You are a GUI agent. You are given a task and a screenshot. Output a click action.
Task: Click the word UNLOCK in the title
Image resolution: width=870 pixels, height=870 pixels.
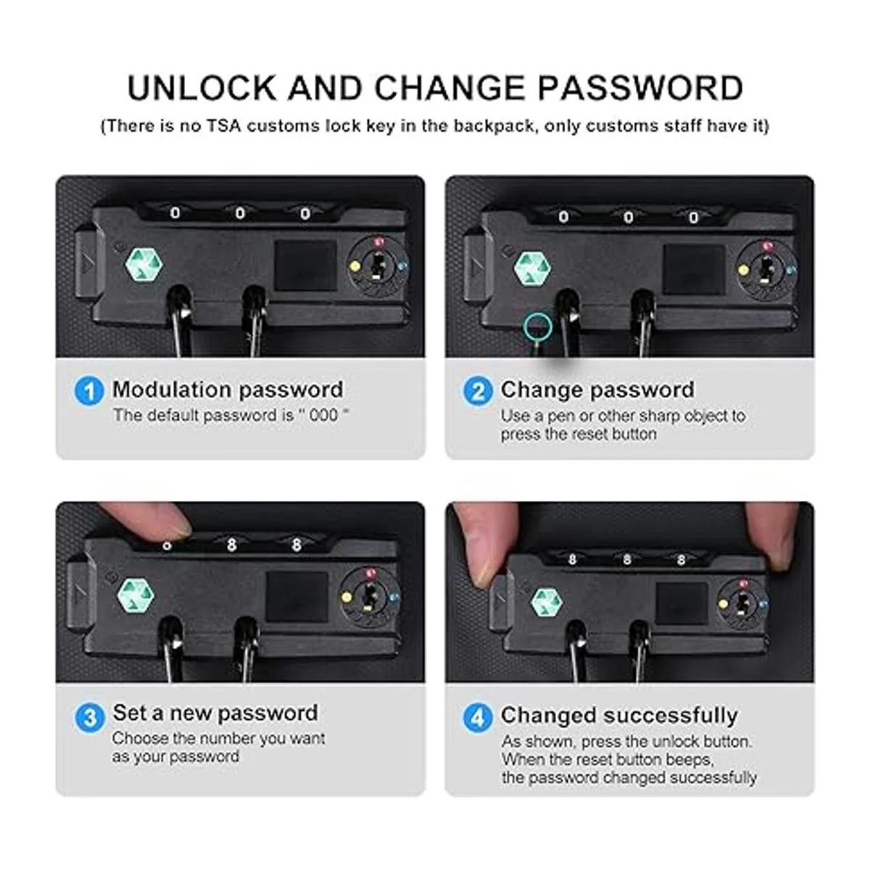pyautogui.click(x=202, y=88)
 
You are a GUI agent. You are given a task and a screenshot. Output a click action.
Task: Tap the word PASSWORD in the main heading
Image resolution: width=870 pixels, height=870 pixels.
pyautogui.click(x=641, y=88)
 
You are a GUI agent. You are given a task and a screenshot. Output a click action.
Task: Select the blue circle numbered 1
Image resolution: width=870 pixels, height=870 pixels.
pyautogui.click(x=89, y=391)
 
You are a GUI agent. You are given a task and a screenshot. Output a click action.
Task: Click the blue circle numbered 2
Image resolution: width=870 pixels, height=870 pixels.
pyautogui.click(x=478, y=391)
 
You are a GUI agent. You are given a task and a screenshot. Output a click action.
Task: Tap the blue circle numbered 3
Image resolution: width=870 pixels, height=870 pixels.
pyautogui.click(x=89, y=718)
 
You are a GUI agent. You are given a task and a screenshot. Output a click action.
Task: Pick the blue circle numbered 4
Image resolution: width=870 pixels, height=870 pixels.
pyautogui.click(x=478, y=718)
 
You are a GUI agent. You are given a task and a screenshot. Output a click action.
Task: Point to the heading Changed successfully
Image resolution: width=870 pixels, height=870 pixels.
pyautogui.click(x=619, y=716)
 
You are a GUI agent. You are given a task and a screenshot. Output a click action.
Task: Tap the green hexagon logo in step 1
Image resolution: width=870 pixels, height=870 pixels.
pyautogui.click(x=144, y=265)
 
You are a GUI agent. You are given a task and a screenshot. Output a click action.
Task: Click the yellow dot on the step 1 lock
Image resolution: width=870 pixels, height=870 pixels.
pyautogui.click(x=355, y=266)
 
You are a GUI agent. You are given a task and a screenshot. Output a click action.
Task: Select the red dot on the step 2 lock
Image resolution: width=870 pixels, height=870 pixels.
pyautogui.click(x=766, y=246)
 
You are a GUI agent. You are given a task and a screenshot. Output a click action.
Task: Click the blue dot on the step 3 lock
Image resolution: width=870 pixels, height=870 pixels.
pyautogui.click(x=394, y=597)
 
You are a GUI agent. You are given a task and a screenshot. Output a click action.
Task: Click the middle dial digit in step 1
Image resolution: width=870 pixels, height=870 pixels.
pyautogui.click(x=240, y=214)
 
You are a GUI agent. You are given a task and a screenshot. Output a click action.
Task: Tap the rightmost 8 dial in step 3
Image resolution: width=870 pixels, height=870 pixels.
pyautogui.click(x=297, y=545)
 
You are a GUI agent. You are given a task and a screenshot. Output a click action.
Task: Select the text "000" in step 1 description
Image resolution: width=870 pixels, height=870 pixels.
pyautogui.click(x=323, y=415)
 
